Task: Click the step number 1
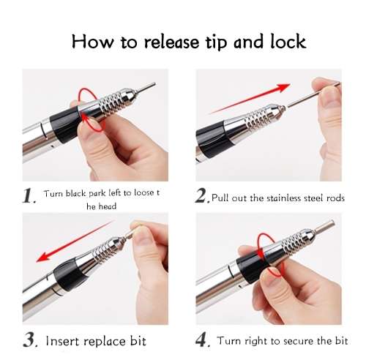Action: (x=29, y=196)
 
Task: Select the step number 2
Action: (x=201, y=196)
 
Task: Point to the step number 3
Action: (x=29, y=340)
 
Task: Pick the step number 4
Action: (x=201, y=340)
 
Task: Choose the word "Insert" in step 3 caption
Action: (x=65, y=341)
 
